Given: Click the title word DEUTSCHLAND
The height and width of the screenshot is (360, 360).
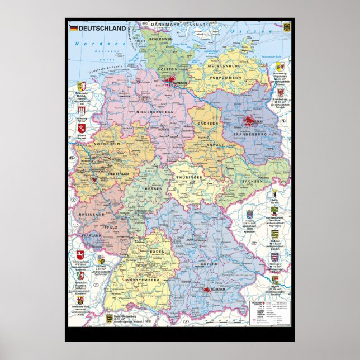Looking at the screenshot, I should [x=98, y=27].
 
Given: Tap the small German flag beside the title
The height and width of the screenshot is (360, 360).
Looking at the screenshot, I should [x=73, y=27].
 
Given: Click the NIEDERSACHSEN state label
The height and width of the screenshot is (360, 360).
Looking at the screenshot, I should [x=155, y=112].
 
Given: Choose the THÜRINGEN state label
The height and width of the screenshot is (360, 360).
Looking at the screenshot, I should [x=190, y=177].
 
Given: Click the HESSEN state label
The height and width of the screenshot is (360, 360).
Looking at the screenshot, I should [x=154, y=188].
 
